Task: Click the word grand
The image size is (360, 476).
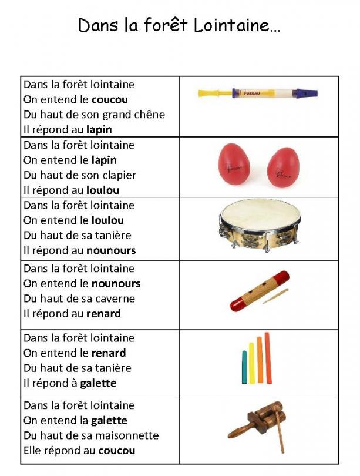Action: tap(118, 115)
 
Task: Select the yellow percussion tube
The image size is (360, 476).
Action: tap(251, 363)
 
